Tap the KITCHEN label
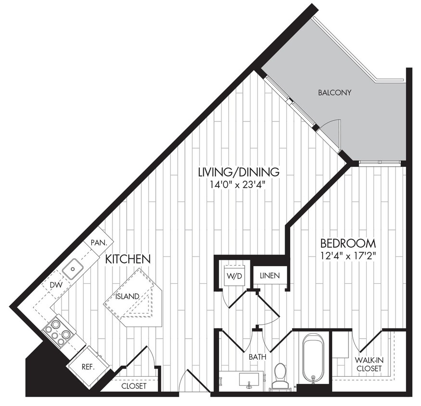(128, 259)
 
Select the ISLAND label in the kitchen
(127, 296)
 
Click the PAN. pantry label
(99, 243)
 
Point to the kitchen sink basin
(74, 268)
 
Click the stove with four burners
(58, 330)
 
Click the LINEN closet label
(270, 276)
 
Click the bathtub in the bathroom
(313, 358)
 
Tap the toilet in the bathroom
(280, 374)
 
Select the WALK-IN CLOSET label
(369, 364)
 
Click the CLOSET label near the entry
(133, 385)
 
